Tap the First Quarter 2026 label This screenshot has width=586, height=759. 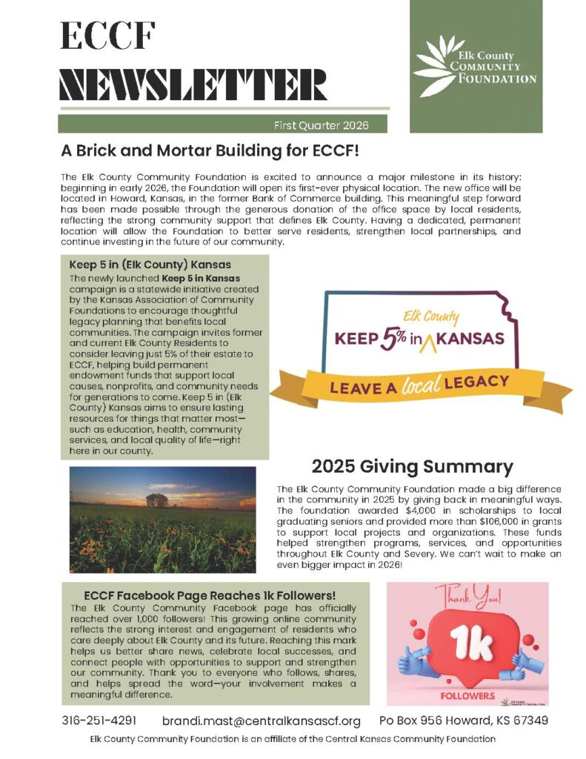[x=321, y=125]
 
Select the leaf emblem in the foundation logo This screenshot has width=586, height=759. [x=433, y=66]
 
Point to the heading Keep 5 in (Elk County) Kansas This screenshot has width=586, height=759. [x=150, y=265]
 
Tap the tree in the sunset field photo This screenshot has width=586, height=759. [x=157, y=500]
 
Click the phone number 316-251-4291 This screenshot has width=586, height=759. [x=99, y=720]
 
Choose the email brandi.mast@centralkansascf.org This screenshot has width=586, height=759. [x=262, y=720]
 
